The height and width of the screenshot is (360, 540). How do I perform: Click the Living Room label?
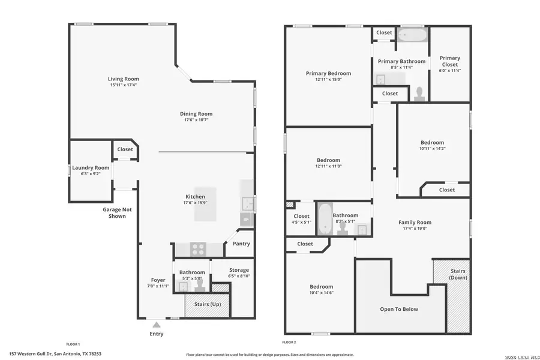point(123,79)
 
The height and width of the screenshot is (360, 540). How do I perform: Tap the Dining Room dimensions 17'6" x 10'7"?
point(196,120)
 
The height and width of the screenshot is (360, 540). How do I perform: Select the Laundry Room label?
point(91,167)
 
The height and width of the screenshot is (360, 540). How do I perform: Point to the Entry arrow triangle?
point(156,325)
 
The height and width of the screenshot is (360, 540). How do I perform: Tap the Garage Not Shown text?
point(117,212)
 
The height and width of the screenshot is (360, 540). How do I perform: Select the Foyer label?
point(158,280)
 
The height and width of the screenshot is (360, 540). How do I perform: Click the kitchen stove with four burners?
point(199,249)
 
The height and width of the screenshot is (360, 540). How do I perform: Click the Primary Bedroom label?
point(328,73)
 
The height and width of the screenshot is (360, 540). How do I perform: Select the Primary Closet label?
point(449,61)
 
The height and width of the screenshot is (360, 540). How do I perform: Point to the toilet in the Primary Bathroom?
point(420,93)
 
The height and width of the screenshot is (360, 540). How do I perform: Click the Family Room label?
point(415,222)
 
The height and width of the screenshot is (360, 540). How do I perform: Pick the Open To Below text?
point(399,309)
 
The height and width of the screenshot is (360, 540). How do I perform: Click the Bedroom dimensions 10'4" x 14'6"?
point(321,293)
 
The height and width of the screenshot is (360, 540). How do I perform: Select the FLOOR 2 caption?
point(290,342)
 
